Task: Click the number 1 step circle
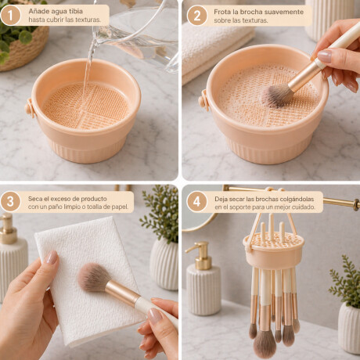click(10, 16)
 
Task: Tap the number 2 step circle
click(197, 16)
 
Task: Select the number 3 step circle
click(10, 202)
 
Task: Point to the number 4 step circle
click(196, 202)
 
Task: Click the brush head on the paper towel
click(92, 277)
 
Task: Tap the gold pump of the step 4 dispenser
click(200, 255)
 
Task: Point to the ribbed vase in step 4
click(349, 329)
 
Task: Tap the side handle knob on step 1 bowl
click(30, 108)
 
